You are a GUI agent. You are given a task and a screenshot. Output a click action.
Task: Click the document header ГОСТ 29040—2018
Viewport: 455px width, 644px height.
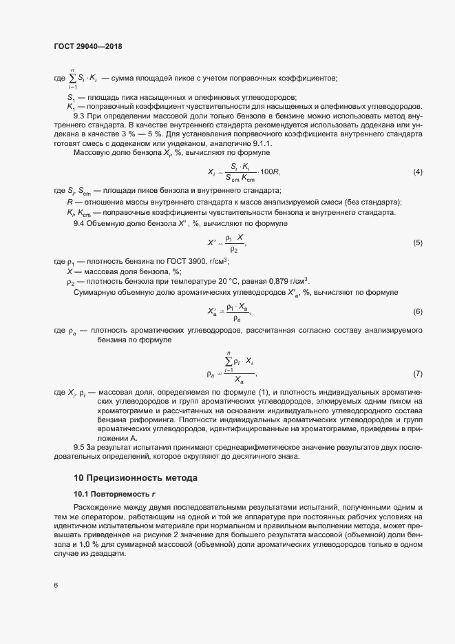(88, 46)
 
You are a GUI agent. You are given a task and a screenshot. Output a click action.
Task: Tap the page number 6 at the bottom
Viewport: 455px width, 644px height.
(56, 586)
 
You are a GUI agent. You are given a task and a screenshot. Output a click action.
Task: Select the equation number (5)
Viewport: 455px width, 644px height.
(417, 243)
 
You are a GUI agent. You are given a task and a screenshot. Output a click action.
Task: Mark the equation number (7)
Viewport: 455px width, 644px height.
(417, 373)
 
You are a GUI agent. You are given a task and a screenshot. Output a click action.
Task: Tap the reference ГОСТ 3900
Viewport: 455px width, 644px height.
(170, 262)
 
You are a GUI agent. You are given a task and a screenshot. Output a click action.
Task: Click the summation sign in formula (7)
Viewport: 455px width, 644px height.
(228, 362)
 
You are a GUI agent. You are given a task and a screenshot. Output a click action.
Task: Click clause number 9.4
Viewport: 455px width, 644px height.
(79, 223)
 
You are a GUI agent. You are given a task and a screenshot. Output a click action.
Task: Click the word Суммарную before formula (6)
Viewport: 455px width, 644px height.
(96, 293)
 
